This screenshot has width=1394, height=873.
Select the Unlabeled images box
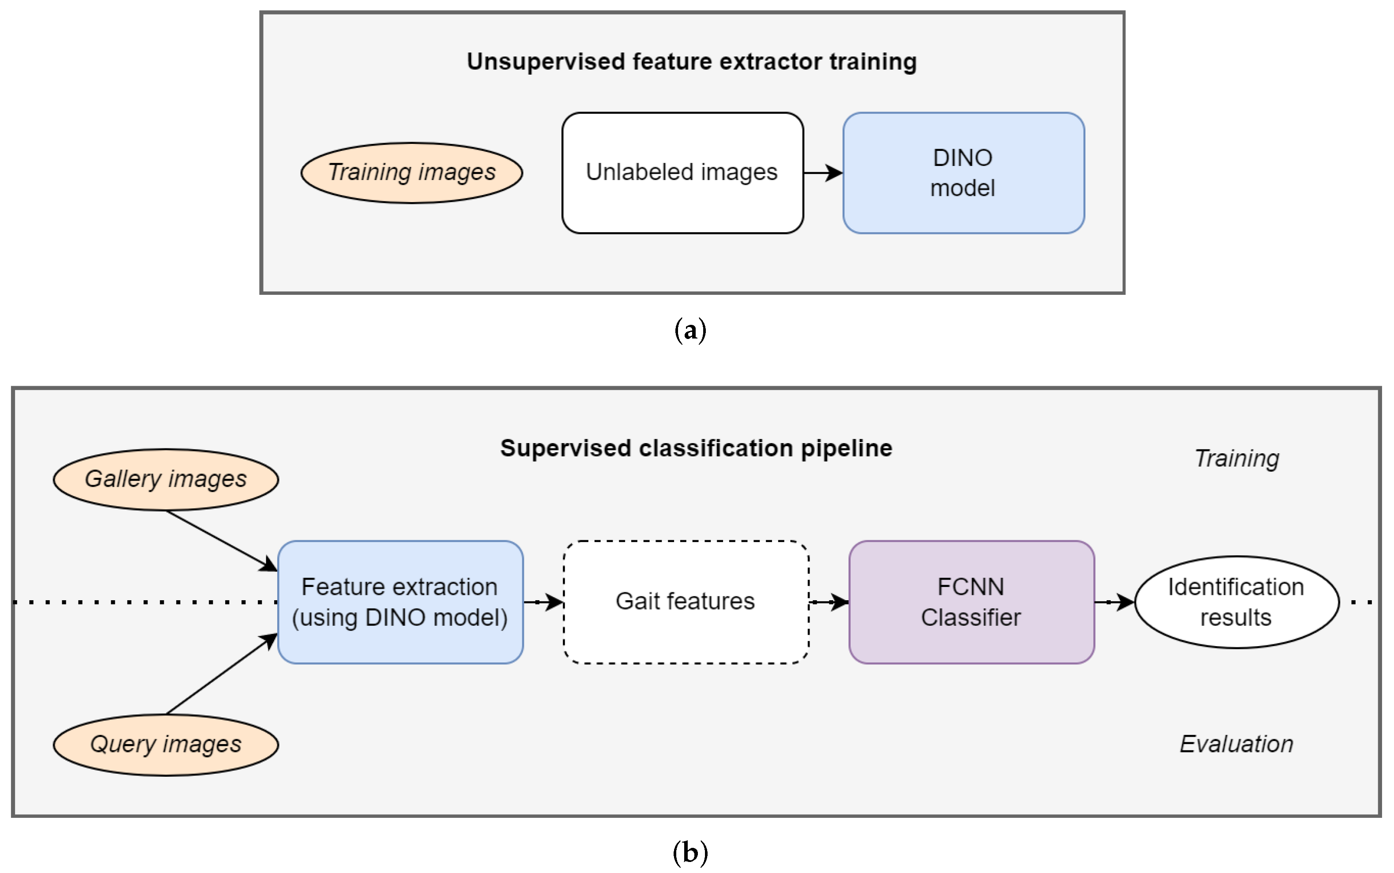pyautogui.click(x=682, y=173)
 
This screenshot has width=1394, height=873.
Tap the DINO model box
pyautogui.click(x=963, y=173)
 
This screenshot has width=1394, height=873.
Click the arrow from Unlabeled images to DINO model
pyautogui.click(x=822, y=173)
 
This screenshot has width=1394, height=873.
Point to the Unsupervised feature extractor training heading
pyautogui.click(x=691, y=62)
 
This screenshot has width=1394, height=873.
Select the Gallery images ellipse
pyautogui.click(x=166, y=479)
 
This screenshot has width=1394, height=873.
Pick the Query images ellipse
pyautogui.click(x=166, y=744)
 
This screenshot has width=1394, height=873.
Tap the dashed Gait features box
pyautogui.click(x=686, y=602)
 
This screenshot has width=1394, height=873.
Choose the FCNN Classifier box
pyautogui.click(x=971, y=602)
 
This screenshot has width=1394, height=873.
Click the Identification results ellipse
pyautogui.click(x=1236, y=602)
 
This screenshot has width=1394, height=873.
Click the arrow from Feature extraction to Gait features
pyautogui.click(x=543, y=602)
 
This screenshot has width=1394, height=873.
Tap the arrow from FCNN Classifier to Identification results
pyautogui.click(x=1114, y=602)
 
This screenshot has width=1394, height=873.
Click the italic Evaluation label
pyautogui.click(x=1236, y=744)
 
